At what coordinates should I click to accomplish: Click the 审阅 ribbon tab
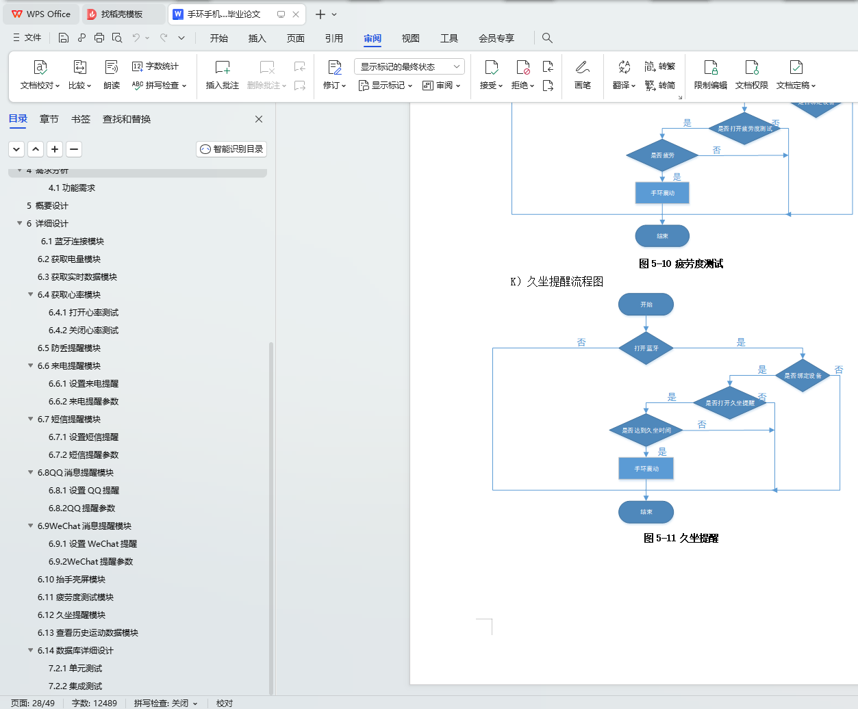pos(373,38)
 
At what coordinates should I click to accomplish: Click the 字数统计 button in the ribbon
pos(155,66)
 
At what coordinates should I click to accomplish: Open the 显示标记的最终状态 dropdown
pos(409,66)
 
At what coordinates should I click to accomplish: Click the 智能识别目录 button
pos(231,149)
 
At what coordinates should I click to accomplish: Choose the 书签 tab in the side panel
pos(81,119)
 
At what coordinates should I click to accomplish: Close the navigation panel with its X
pos(259,119)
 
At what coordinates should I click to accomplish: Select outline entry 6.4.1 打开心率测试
pos(84,313)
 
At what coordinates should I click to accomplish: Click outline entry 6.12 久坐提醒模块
pos(71,615)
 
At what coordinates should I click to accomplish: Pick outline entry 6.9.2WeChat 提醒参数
pos(90,562)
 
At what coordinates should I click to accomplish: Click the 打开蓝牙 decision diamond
pos(646,348)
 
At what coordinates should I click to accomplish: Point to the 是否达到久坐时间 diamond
pos(646,430)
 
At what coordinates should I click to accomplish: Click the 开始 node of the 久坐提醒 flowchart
pos(646,305)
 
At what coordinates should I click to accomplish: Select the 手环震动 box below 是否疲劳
pos(662,193)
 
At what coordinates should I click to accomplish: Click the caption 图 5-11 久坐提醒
pos(681,539)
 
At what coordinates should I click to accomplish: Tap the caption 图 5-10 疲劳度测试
pos(681,264)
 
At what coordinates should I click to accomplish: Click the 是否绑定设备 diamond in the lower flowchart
pos(803,376)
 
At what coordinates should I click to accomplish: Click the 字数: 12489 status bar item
pos(94,703)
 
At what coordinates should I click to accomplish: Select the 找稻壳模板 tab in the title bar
pos(121,14)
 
